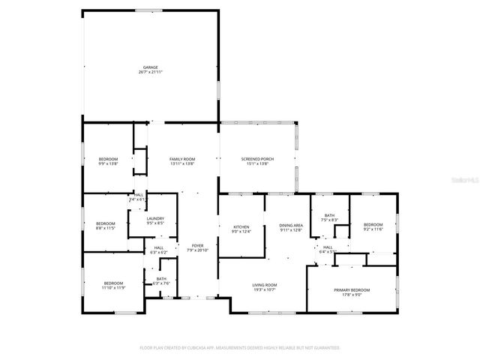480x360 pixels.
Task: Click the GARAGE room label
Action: (x=151, y=67)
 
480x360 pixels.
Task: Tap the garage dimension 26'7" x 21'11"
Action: (x=151, y=73)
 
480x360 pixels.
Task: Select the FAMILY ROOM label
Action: (x=182, y=159)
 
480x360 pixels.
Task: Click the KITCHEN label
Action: (x=241, y=226)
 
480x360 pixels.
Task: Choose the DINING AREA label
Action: (x=290, y=225)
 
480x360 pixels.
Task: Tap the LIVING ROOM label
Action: (x=264, y=284)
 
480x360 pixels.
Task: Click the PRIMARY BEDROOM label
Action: (x=351, y=289)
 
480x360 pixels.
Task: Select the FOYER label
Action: (x=197, y=245)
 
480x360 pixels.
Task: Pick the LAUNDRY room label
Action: (x=155, y=218)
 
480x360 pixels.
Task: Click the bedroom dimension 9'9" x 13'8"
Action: (x=109, y=163)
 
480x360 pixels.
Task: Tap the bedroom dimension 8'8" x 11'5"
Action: (x=105, y=228)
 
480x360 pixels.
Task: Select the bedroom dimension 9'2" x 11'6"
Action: (x=373, y=229)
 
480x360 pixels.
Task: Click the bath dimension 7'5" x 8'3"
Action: (x=329, y=220)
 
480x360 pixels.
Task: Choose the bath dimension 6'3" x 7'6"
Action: (x=162, y=283)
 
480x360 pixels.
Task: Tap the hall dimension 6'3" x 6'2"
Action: (x=159, y=253)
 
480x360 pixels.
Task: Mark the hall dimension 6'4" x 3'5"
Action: (x=328, y=252)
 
